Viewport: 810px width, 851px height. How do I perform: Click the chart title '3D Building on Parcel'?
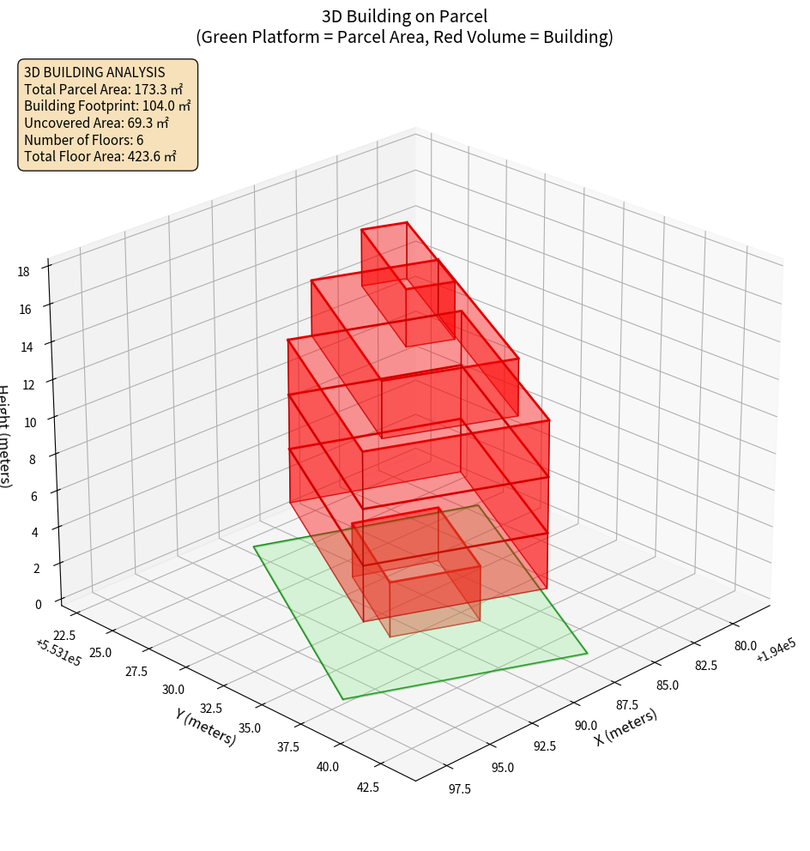404,15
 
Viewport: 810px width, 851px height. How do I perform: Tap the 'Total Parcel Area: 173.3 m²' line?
103,89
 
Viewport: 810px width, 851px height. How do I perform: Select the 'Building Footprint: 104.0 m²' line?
107,106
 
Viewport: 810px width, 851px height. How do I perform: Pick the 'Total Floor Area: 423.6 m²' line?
100,156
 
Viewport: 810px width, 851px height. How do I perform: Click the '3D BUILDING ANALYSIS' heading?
94,72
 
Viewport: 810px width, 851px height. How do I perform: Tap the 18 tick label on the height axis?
23,272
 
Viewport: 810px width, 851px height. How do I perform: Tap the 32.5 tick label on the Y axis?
211,709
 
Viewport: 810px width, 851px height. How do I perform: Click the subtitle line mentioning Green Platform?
404,37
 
